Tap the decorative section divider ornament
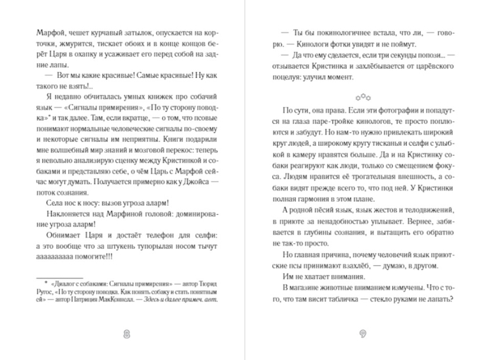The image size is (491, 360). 362,97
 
